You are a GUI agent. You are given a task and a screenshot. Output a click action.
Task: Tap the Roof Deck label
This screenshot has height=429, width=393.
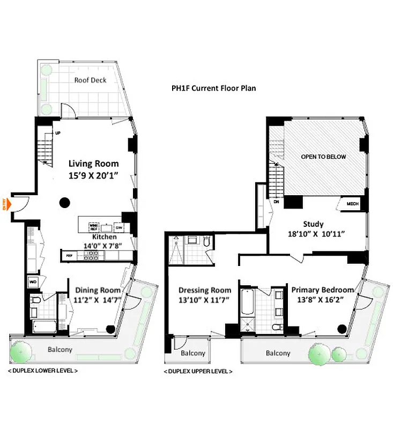[x=90, y=80]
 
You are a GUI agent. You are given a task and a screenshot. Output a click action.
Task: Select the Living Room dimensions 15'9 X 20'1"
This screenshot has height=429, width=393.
[x=93, y=175]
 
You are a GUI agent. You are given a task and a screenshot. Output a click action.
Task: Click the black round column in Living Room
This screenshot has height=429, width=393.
[x=64, y=202]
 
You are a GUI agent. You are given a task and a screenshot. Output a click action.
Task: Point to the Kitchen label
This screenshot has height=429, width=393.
[x=105, y=236]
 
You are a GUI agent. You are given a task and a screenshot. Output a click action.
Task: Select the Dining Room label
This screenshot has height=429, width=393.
[x=97, y=290]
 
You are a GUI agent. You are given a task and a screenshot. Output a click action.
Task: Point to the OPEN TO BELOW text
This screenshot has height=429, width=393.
[x=323, y=157]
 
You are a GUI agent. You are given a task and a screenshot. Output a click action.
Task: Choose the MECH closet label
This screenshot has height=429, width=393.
[x=352, y=204]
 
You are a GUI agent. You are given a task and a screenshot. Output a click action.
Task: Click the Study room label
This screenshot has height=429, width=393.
[x=313, y=224]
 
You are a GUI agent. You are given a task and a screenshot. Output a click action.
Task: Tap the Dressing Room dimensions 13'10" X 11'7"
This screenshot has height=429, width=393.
[x=205, y=300]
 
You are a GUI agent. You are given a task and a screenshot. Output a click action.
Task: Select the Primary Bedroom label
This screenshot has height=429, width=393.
[x=323, y=290]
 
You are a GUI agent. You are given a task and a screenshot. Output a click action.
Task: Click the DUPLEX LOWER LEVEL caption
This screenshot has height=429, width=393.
[x=42, y=371]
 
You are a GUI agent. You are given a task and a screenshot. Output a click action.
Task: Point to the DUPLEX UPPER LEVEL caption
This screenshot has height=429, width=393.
[x=198, y=371]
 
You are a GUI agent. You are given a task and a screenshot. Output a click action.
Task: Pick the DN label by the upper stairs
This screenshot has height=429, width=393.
[x=277, y=202]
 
